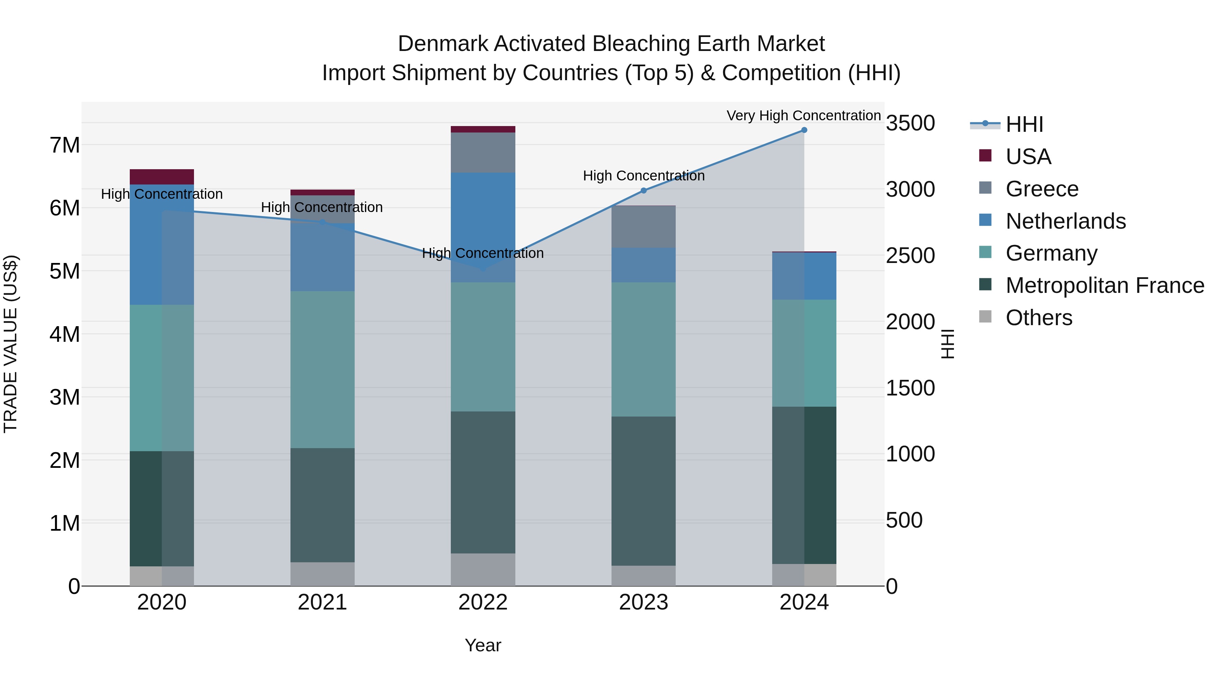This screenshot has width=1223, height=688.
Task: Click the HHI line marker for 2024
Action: coord(804,130)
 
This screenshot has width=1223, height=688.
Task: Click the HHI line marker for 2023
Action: coord(644,190)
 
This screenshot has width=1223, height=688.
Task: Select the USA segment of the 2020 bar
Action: coord(162,177)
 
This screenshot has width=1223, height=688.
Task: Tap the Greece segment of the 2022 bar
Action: coord(483,153)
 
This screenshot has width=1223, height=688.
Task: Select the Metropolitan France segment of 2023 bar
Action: coord(644,491)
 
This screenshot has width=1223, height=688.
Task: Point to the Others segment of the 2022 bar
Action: coord(483,569)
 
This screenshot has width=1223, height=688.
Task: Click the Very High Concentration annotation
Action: coord(803,116)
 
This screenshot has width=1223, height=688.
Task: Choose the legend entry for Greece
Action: coord(1042,189)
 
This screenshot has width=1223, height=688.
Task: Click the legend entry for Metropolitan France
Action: coord(1104,286)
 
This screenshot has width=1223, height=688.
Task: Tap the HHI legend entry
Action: coord(1024,124)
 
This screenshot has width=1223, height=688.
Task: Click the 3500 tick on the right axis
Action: coord(910,123)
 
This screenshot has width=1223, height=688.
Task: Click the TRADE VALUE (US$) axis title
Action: coord(11,344)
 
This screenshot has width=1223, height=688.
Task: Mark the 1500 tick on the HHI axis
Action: coord(910,388)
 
